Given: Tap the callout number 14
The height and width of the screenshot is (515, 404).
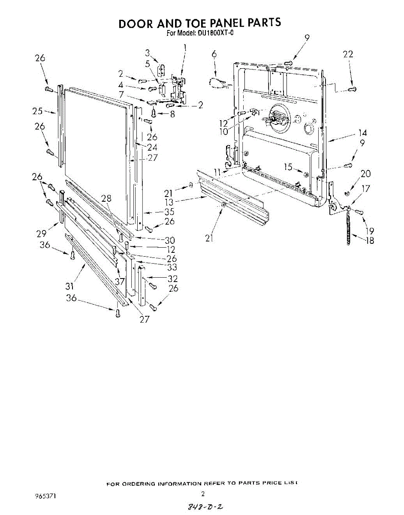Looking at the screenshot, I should (362, 133).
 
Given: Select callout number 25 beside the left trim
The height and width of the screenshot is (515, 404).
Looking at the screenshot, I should (37, 111).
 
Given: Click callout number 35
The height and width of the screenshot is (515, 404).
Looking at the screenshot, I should (157, 212).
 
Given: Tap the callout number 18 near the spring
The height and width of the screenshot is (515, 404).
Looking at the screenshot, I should (368, 240).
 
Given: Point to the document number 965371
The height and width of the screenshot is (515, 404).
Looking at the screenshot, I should (45, 496).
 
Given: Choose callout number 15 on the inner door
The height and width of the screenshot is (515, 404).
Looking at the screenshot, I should (288, 167).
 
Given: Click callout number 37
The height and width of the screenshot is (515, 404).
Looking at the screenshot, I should (119, 281).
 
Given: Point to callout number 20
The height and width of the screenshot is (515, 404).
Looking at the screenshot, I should (365, 173).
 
